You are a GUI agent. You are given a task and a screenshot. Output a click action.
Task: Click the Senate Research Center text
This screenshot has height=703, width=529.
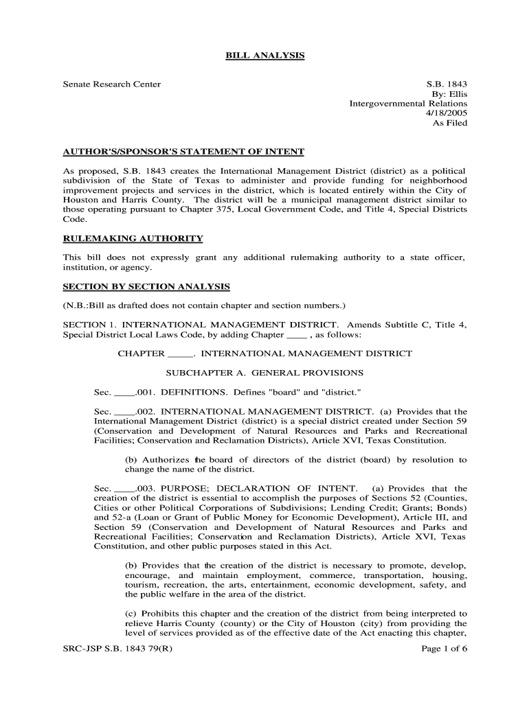(112, 84)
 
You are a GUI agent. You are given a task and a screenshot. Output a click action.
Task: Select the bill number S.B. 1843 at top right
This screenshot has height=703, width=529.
(447, 84)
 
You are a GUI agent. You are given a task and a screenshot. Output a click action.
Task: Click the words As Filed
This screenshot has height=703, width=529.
(449, 123)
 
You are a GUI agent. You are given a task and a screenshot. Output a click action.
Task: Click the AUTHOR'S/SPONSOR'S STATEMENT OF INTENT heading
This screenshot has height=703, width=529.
(183, 151)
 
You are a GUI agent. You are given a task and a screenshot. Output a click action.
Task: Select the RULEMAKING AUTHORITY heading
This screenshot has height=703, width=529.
(133, 238)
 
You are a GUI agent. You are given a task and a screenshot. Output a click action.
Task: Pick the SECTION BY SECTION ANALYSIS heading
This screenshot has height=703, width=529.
(146, 286)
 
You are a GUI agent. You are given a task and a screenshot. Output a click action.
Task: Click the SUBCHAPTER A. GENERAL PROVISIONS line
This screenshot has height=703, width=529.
(265, 373)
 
